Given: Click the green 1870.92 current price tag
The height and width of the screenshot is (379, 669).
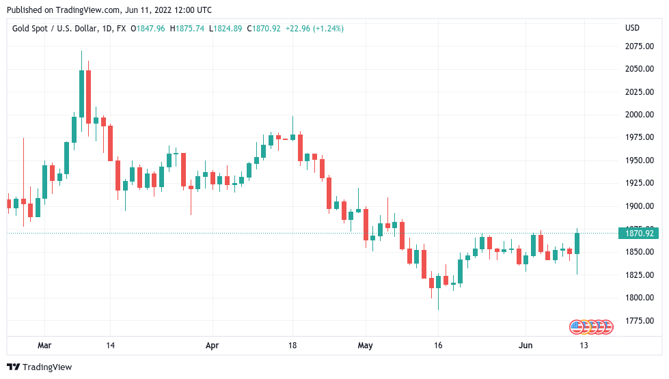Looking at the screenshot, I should [x=637, y=234].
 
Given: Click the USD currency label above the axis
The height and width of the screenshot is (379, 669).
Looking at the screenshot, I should [x=632, y=28].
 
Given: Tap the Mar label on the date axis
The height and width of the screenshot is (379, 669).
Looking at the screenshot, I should [x=44, y=346].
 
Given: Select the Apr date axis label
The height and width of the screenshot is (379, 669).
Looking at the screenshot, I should [x=213, y=346].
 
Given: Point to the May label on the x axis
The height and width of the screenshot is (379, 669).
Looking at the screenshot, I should [x=366, y=346].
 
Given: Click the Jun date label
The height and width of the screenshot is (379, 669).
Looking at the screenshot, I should [x=525, y=346].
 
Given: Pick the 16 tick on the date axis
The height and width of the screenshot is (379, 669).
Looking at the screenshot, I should [x=438, y=346].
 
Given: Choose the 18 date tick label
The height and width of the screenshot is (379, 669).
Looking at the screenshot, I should [x=292, y=346].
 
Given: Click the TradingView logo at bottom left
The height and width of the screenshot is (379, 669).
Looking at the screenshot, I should [x=39, y=367].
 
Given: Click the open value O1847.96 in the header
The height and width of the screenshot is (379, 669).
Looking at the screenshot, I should [x=149, y=29].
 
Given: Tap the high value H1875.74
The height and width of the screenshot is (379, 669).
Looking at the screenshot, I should [x=189, y=29].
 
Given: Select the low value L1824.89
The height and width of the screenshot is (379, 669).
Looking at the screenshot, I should [x=227, y=29].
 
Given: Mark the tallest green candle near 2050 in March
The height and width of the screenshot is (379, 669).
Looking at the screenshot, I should [x=82, y=94].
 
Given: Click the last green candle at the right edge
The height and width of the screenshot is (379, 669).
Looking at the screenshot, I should [x=577, y=243].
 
